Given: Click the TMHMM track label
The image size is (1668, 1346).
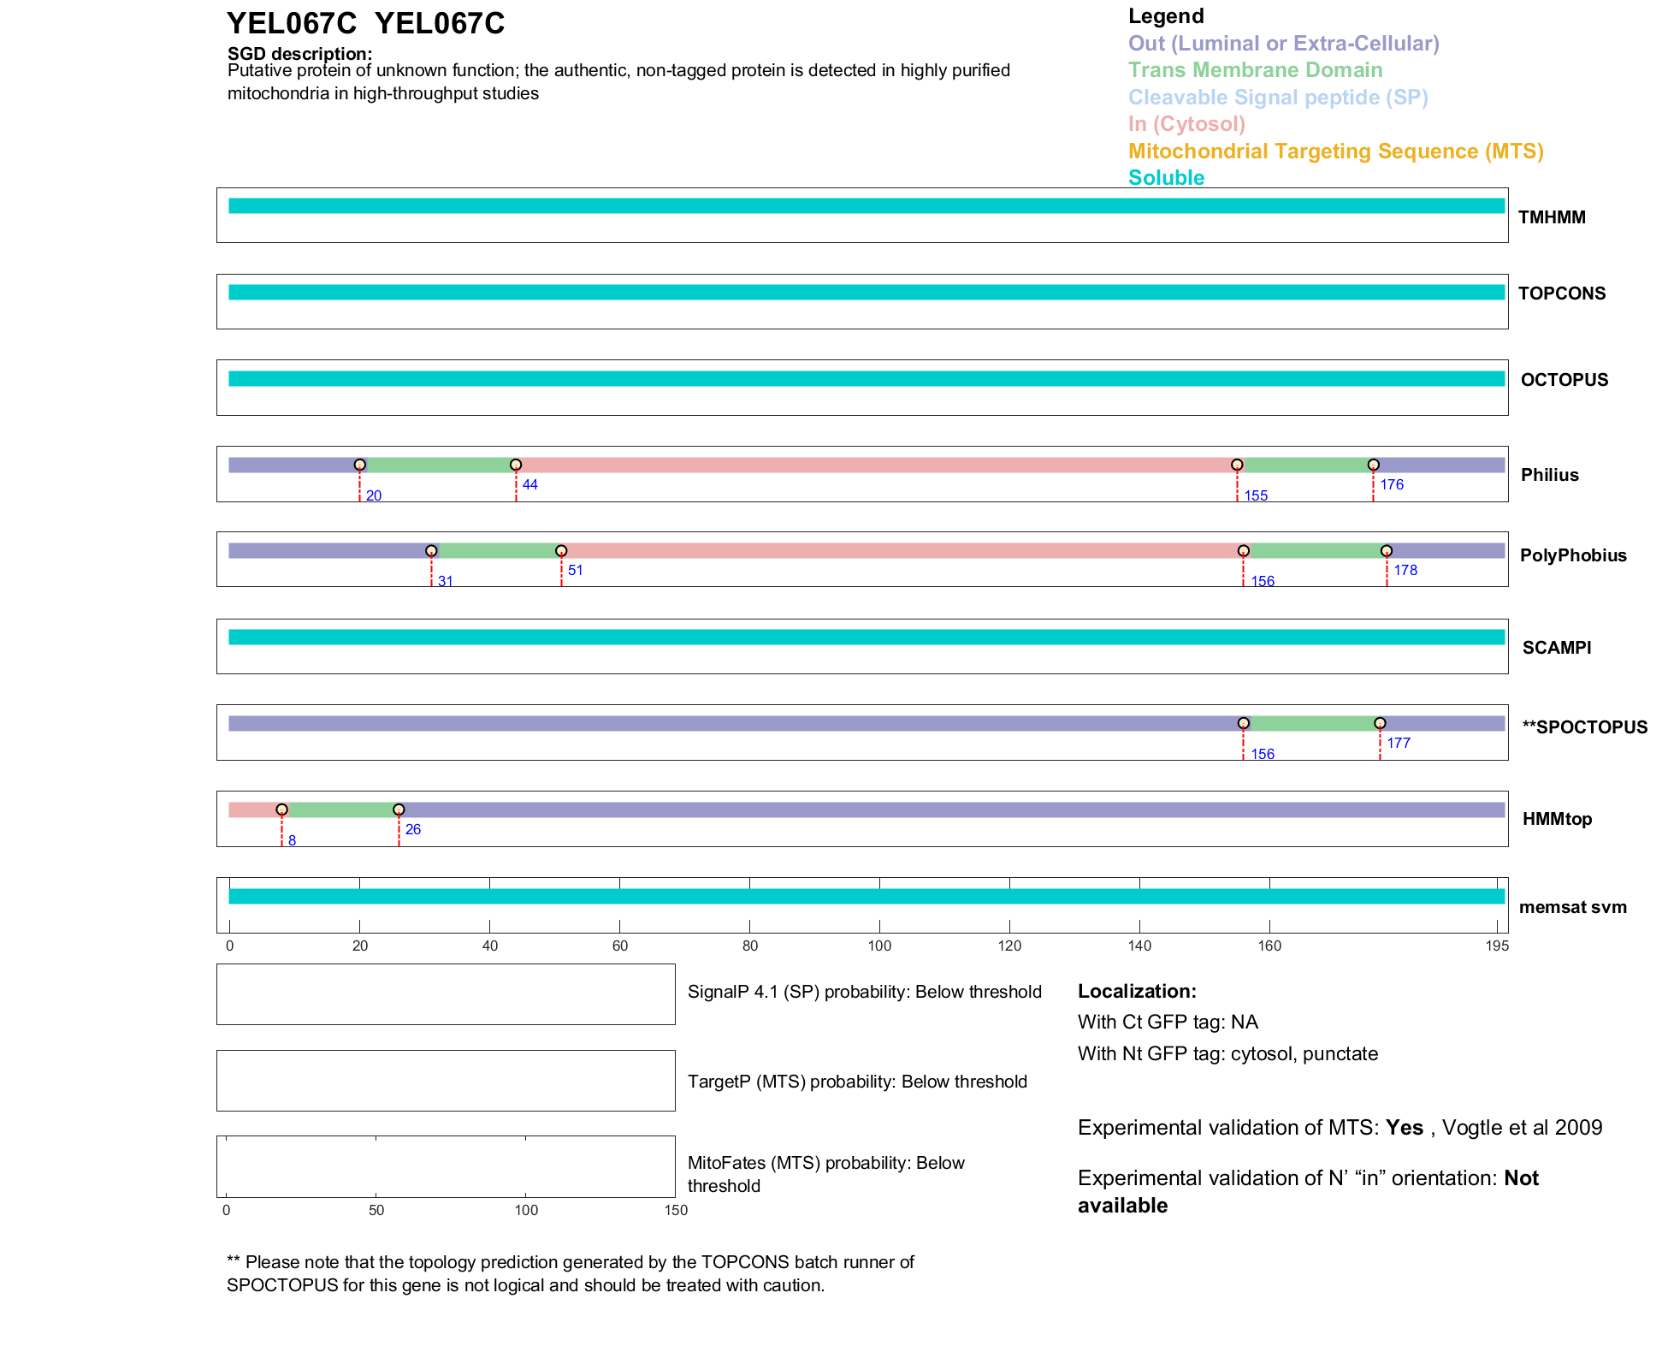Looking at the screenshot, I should pos(1551,217).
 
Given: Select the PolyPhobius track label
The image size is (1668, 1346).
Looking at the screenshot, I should pos(1572,555).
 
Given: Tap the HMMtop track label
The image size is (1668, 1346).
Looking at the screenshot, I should pos(1557,819).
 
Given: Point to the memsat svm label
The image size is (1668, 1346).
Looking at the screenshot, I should pos(1572,907).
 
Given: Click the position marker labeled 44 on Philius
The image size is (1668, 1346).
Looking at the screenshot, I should pos(516,465).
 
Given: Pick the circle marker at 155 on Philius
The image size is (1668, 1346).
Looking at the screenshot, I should pos(1237,465).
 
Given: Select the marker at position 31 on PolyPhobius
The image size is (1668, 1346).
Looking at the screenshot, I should pos(431,551).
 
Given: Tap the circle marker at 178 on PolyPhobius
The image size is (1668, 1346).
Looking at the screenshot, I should pos(1387,551).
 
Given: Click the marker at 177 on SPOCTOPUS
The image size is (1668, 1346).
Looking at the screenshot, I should pos(1380,724).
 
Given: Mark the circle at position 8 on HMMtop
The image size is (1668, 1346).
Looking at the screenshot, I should pos(281,809).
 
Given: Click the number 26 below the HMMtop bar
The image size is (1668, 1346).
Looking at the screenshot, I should pos(413,829).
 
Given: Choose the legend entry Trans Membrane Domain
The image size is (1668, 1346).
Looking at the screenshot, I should pos(1255,70).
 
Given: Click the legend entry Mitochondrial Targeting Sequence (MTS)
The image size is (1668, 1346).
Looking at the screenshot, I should pos(1335,151).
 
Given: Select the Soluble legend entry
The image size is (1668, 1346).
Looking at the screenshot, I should pos(1166,178).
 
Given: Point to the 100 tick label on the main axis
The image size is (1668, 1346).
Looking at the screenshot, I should pos(879,946).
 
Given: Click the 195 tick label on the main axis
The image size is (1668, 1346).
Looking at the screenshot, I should pos(1497,946).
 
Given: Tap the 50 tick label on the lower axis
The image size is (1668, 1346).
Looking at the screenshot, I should pos(376,1210).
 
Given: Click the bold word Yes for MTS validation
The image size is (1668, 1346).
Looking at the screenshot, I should pos(1404,1128).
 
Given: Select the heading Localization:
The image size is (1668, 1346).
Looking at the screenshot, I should pos(1137,992).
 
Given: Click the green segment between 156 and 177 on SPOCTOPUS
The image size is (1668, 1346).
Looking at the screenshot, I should pos(1311,724).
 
